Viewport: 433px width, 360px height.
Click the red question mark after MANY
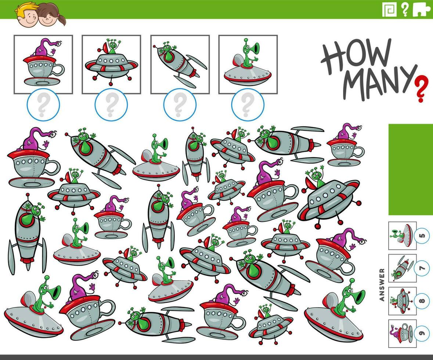[421, 89]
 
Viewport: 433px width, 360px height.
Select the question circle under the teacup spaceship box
[43, 105]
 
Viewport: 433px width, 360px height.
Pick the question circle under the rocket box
[180, 105]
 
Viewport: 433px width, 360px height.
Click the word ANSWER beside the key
[382, 284]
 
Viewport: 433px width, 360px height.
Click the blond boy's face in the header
[28, 15]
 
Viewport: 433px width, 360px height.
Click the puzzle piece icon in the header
[421, 10]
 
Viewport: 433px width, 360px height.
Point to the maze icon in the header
[389, 10]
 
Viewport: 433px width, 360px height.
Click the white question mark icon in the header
[405, 10]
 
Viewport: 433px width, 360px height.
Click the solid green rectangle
[411, 169]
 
